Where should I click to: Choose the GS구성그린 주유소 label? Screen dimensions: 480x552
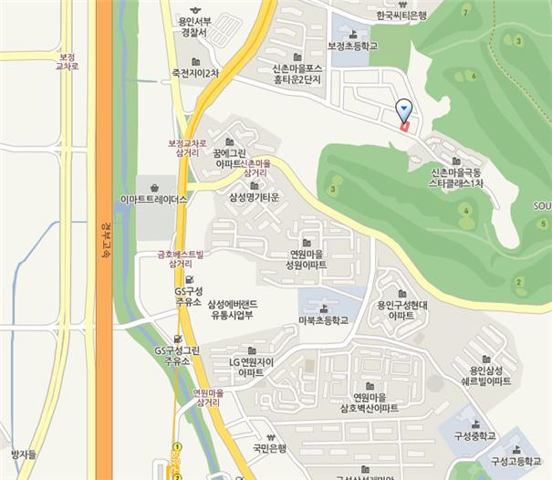(172, 355)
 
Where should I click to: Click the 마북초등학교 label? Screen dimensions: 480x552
(323, 320)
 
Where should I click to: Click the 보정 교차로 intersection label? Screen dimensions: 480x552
(68, 61)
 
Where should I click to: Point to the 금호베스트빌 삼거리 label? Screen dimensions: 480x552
(180, 257)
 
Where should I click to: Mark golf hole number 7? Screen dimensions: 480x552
(466, 11)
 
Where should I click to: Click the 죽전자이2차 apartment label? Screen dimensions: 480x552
(195, 72)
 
